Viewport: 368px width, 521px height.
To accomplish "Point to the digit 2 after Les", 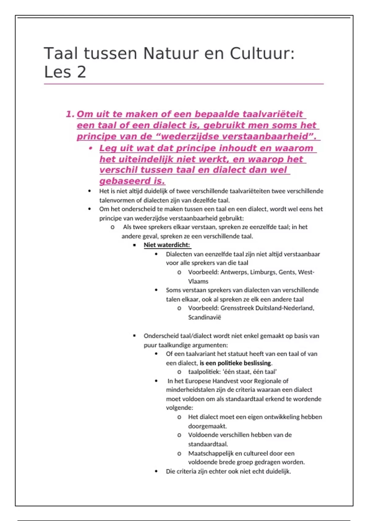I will pos(82,72).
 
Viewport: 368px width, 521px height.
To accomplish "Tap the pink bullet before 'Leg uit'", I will pos(90,148).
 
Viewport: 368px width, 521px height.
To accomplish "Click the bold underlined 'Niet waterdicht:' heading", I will pos(167,245).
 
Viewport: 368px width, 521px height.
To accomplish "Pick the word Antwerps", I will pos(234,272).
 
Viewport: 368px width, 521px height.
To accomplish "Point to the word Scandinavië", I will pos(205,317).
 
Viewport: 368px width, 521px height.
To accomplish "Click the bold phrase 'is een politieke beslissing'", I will pos(236,363).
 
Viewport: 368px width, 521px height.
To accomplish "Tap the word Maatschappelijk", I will pos(211,453).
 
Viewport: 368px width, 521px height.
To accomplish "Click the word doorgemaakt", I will pos(207,426).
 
